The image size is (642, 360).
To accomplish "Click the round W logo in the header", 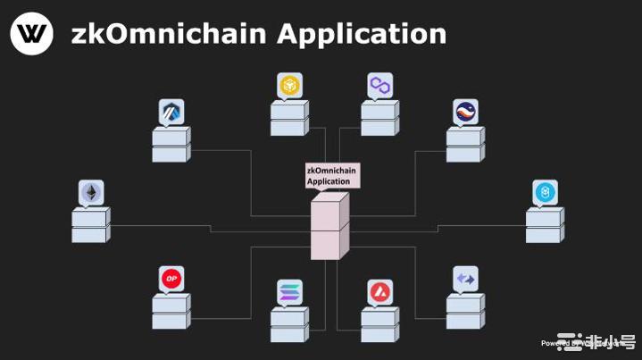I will pyautogui.click(x=31, y=34).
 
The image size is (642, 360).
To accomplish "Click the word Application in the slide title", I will pyautogui.click(x=362, y=34).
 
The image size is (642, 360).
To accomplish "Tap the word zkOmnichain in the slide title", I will pyautogui.click(x=169, y=34).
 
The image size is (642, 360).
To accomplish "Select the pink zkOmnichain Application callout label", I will pyautogui.click(x=332, y=175).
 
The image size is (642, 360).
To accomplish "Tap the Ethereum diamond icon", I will pyautogui.click(x=91, y=192).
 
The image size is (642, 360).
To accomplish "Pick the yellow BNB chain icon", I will pyautogui.click(x=289, y=86).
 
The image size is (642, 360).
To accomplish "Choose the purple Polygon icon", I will pyautogui.click(x=380, y=86).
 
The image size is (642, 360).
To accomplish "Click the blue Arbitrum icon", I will pyautogui.click(x=171, y=112).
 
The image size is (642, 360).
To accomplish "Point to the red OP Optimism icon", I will pyautogui.click(x=171, y=279).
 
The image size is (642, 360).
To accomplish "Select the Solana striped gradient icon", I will pyautogui.click(x=289, y=292).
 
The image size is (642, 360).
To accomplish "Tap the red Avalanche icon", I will pyautogui.click(x=380, y=292).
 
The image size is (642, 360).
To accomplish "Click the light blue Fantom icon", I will pyautogui.click(x=545, y=192).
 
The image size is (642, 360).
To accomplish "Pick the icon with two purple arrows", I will pyautogui.click(x=465, y=279).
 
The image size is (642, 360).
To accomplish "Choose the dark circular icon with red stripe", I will pyautogui.click(x=465, y=112).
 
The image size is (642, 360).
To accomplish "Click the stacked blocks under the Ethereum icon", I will pyautogui.click(x=91, y=225).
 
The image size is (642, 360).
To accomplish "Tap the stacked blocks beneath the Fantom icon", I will pyautogui.click(x=545, y=225).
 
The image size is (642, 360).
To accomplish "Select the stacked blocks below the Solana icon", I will pyautogui.click(x=289, y=325).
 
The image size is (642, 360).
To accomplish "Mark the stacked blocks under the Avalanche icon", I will pyautogui.click(x=380, y=325).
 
